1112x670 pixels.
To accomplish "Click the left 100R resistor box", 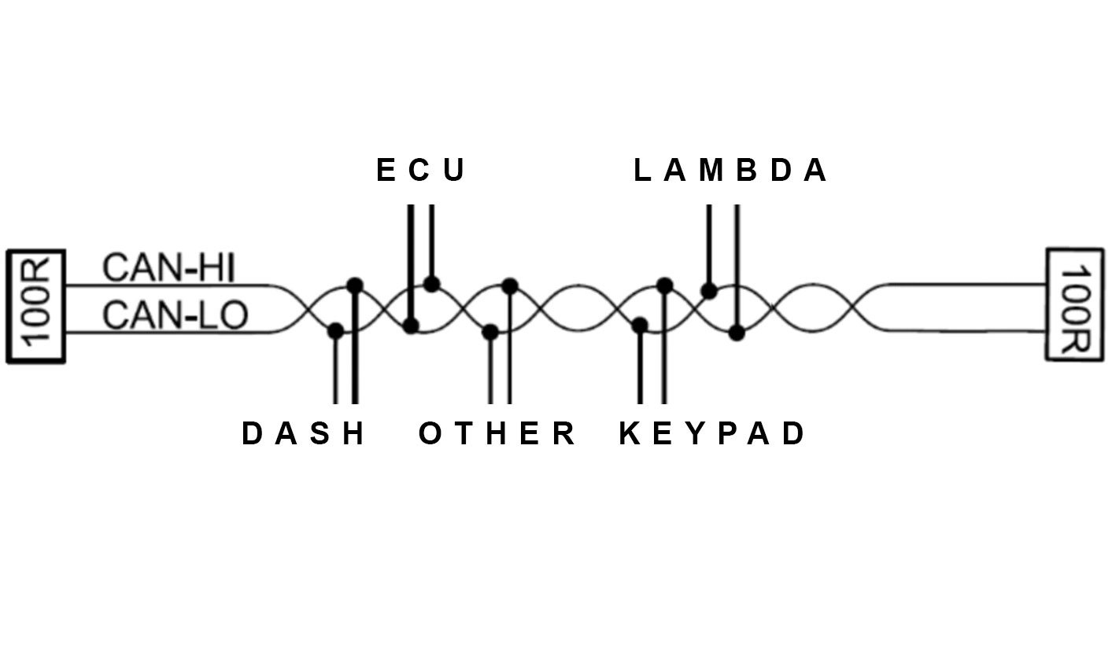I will click(35, 307).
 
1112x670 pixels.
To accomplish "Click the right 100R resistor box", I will click(1075, 304).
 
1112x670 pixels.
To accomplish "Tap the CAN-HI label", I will click(169, 268).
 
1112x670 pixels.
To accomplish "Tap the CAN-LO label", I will click(175, 315).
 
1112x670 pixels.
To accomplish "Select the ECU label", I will click(421, 170).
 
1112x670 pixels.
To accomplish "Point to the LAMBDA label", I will click(730, 170).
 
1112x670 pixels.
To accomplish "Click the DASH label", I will click(303, 433).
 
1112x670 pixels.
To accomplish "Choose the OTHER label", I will click(497, 433).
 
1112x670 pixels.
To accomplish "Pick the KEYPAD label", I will click(712, 433).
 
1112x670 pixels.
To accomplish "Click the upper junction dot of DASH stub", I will click(355, 285).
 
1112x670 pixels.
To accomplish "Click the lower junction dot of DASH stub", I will click(335, 330).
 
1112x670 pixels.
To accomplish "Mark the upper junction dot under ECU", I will click(431, 284).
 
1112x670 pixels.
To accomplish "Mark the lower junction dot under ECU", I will click(411, 325).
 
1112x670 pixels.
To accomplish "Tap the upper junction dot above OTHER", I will click(510, 285).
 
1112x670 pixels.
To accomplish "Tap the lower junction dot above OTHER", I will click(490, 332).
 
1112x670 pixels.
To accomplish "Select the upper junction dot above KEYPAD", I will click(665, 285).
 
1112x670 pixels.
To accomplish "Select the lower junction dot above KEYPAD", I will click(640, 324).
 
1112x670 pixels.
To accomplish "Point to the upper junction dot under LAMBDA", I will click(709, 291).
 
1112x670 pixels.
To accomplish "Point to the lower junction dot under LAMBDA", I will click(737, 333).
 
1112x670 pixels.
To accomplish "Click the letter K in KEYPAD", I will click(629, 433).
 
